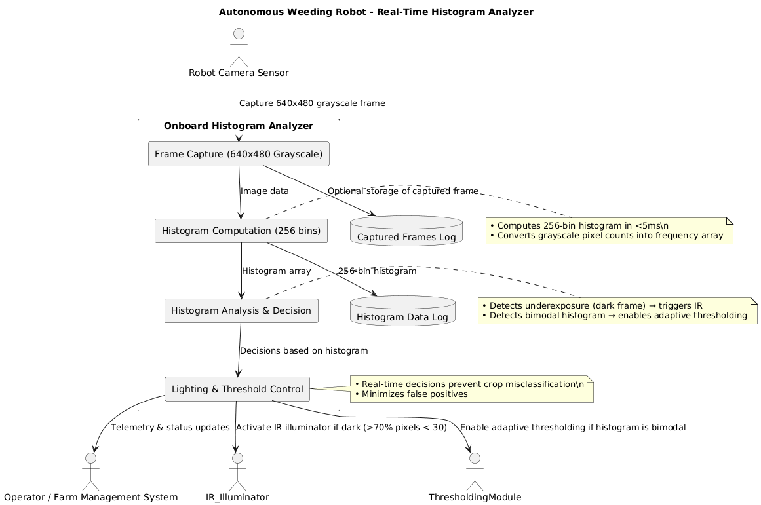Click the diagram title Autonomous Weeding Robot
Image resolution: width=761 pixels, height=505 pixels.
coord(376,12)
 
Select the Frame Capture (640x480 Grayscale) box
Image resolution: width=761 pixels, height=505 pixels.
coord(239,154)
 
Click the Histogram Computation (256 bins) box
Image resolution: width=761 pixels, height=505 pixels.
coord(241,231)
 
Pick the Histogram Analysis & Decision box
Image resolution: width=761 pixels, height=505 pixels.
coord(241,310)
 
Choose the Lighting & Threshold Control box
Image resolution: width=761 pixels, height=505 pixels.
coord(237,389)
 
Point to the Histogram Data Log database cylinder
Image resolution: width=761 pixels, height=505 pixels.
coord(402,311)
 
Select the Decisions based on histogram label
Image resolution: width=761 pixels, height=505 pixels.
coord(303,350)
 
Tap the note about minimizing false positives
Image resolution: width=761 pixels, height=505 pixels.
coord(471,389)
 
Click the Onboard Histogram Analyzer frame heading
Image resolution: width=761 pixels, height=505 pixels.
coord(238,126)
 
